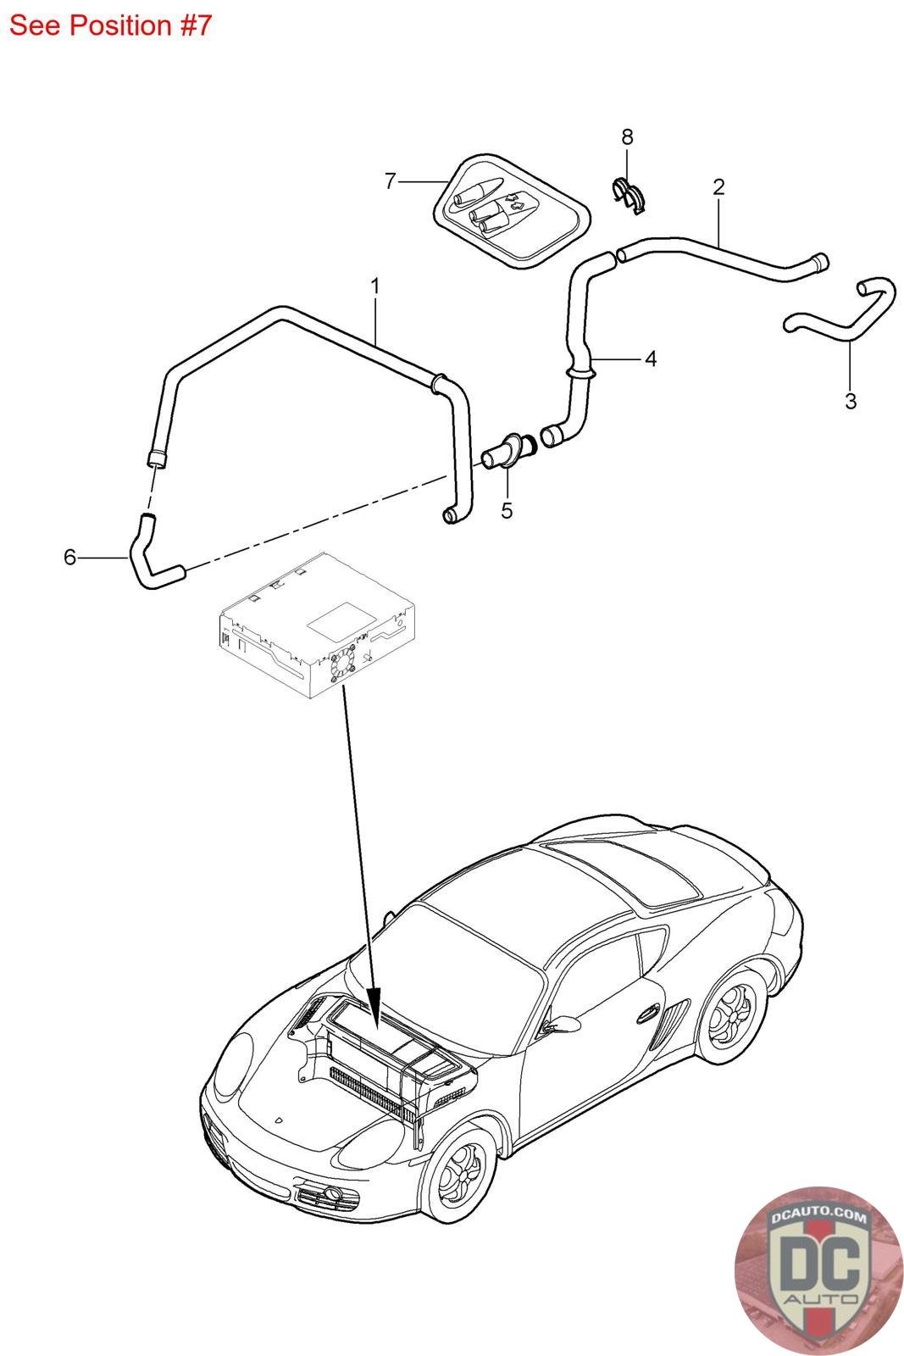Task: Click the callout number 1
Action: tap(374, 286)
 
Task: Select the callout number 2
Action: tap(718, 186)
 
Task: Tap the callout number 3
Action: tap(851, 401)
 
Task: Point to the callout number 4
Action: tap(650, 358)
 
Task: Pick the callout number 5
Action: tap(507, 511)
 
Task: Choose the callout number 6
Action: tap(70, 557)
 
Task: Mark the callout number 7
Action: tap(390, 181)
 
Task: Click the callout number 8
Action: tap(627, 136)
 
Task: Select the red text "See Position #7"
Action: tap(109, 25)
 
